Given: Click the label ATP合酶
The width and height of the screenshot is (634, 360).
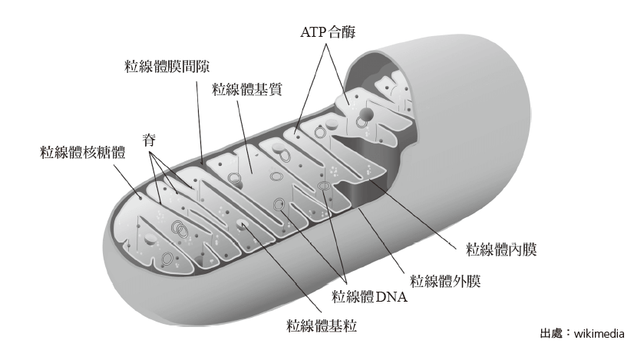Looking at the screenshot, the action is [x=328, y=32].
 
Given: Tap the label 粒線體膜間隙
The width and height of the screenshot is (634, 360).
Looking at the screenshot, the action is [x=167, y=66].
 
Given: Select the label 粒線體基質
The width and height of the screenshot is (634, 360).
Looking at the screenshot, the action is [x=246, y=89].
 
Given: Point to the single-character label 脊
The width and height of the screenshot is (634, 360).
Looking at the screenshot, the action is [x=149, y=140].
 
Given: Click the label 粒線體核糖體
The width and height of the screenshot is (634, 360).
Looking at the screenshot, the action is [x=83, y=153].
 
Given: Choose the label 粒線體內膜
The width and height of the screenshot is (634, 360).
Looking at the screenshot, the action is [x=501, y=249].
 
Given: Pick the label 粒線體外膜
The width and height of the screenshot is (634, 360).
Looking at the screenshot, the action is [x=445, y=281].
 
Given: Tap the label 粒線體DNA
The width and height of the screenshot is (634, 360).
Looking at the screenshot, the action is [x=369, y=296].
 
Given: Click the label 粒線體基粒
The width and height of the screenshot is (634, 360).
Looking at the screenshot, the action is [x=322, y=325].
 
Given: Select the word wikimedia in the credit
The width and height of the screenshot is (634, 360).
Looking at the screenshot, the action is [x=599, y=334].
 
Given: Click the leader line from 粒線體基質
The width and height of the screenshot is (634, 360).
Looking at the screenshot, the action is [x=245, y=137].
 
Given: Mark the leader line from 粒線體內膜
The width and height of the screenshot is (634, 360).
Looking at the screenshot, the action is [x=412, y=213].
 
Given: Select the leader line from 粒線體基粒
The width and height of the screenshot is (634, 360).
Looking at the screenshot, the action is [x=282, y=268].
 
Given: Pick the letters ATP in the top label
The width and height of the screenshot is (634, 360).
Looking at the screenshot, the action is [x=313, y=32].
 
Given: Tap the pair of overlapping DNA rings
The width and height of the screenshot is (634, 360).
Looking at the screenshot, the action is [x=180, y=229].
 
